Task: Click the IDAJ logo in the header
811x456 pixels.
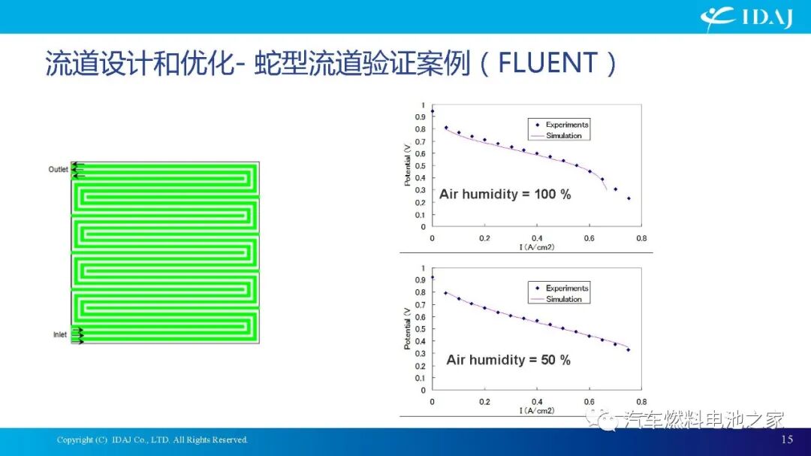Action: point(746,17)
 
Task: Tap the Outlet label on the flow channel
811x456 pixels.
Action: point(58,170)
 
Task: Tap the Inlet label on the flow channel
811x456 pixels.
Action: point(59,334)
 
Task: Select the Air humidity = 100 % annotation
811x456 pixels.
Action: point(505,195)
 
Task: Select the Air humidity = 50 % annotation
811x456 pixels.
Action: point(508,360)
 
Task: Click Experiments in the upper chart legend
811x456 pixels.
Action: point(567,125)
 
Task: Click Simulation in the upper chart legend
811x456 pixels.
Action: point(563,136)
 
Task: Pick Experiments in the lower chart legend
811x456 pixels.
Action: point(567,288)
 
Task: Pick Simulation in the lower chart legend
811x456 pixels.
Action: point(563,299)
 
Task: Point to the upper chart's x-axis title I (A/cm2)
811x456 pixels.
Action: point(536,247)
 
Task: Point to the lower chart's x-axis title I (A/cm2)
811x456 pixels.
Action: point(536,411)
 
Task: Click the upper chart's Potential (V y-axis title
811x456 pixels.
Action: point(408,166)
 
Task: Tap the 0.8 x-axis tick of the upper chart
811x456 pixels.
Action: point(641,238)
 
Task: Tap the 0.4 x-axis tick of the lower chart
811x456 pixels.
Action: point(536,402)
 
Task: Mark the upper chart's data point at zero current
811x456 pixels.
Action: point(432,111)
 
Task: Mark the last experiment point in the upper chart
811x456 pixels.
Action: point(629,198)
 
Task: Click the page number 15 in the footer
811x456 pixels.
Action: point(787,439)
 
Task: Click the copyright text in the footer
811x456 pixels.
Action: point(152,439)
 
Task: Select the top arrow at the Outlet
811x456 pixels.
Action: point(78,164)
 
